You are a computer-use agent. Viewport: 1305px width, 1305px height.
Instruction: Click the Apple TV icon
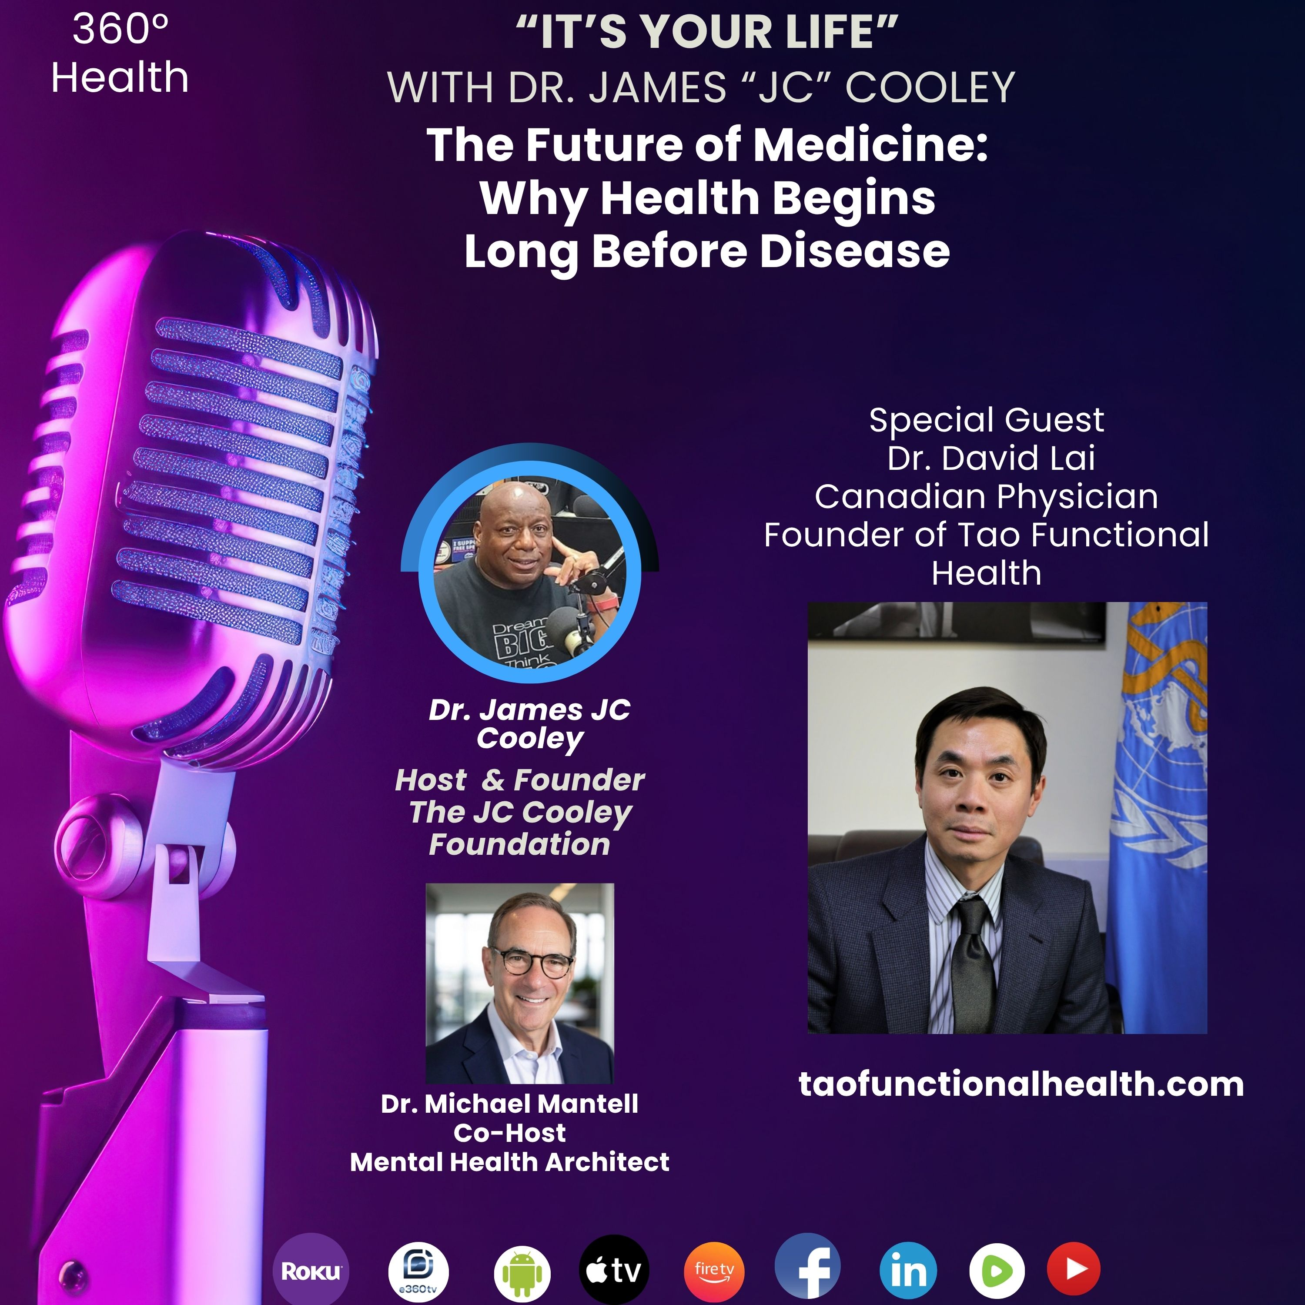614,1270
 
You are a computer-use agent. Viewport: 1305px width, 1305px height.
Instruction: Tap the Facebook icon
808,1268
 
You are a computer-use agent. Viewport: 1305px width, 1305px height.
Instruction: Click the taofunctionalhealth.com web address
1021,1085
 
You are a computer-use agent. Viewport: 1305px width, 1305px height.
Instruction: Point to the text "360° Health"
120,54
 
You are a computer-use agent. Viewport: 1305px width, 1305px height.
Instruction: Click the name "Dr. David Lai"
991,458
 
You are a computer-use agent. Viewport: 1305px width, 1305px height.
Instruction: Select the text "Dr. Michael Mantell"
509,1103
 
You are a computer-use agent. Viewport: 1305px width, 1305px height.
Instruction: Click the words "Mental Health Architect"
509,1162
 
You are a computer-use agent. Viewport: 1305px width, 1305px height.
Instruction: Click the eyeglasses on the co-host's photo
532,962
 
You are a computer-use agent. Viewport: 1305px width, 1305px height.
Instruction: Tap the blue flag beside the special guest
1156,817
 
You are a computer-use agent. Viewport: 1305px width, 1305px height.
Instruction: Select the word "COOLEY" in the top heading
930,88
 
